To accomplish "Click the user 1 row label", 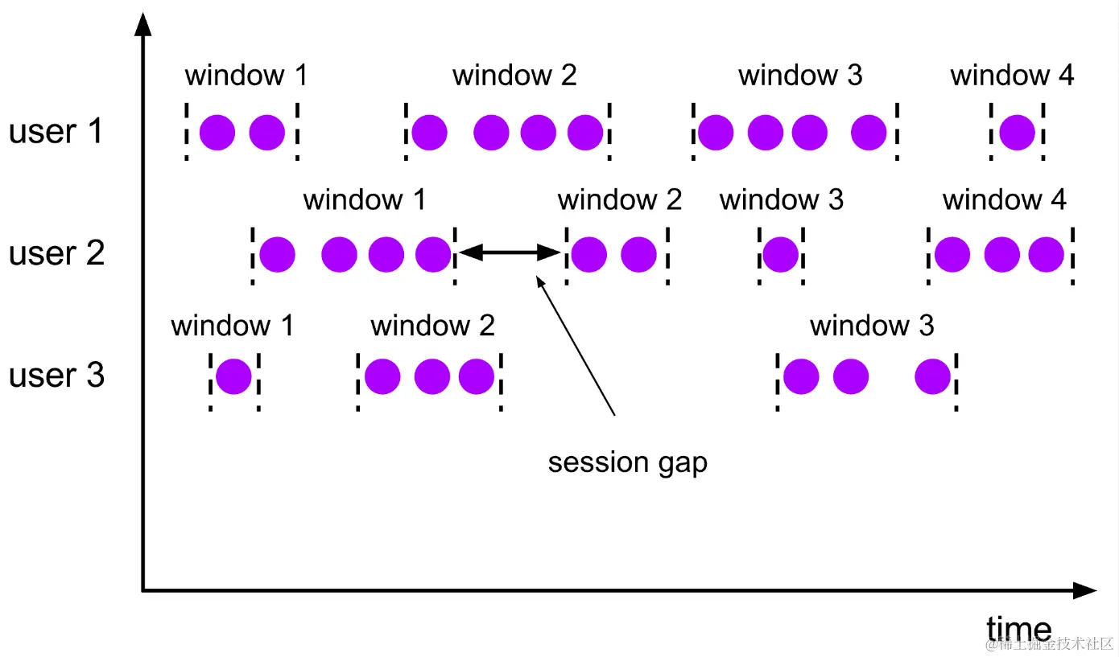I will pyautogui.click(x=56, y=131).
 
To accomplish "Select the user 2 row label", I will pyautogui.click(x=56, y=253).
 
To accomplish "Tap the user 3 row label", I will pyautogui.click(x=56, y=376).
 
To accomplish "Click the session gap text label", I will pyautogui.click(x=627, y=462).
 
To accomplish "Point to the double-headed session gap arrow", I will pyautogui.click(x=510, y=253).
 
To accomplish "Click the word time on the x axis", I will pyautogui.click(x=1018, y=629).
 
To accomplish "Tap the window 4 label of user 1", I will pyautogui.click(x=1012, y=76).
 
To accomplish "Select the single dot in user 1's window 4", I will pyautogui.click(x=1017, y=132).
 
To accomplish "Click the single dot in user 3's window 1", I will pyautogui.click(x=233, y=376).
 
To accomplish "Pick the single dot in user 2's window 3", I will pyautogui.click(x=780, y=254).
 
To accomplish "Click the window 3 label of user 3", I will pyautogui.click(x=872, y=326).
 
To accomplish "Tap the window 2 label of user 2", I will pyautogui.click(x=620, y=199).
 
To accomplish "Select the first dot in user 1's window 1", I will pyautogui.click(x=217, y=132).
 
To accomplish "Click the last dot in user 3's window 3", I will pyautogui.click(x=933, y=376).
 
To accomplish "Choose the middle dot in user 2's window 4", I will pyautogui.click(x=1001, y=254).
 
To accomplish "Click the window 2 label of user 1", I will pyautogui.click(x=514, y=76).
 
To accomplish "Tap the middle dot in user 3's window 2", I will pyautogui.click(x=432, y=376).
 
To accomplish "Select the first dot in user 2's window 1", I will pyautogui.click(x=277, y=254).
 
